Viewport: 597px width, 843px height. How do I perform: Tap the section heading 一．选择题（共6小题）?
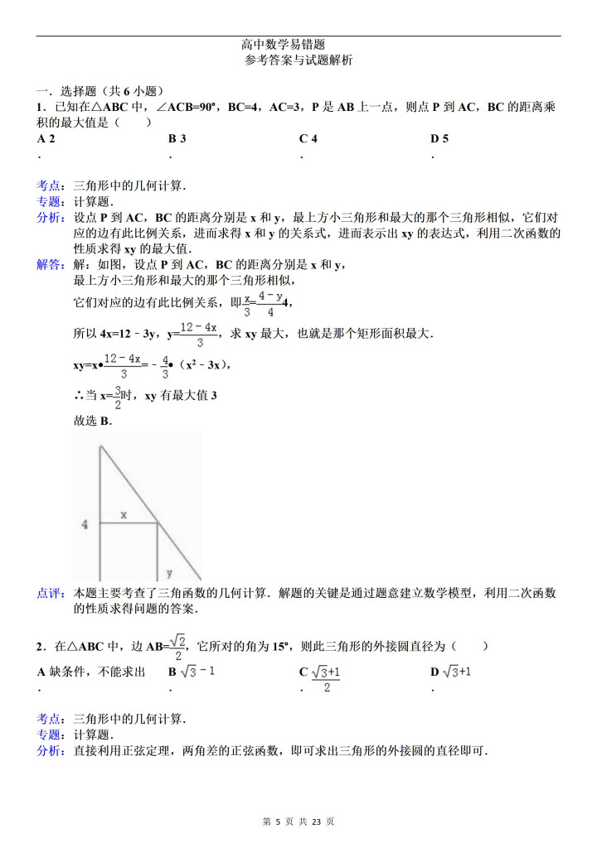coord(99,92)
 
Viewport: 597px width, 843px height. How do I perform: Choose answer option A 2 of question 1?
coord(46,138)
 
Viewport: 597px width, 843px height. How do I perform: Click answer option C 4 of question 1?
coord(308,138)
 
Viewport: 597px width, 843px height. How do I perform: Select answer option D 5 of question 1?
coord(439,138)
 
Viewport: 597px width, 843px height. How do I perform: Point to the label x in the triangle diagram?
coord(124,514)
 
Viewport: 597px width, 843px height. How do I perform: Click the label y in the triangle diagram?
coord(169,571)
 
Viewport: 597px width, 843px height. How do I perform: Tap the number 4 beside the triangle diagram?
coord(85,524)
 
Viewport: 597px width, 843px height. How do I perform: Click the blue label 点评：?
coord(54,593)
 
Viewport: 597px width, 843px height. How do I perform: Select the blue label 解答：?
coord(54,265)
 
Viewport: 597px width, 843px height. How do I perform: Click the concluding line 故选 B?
coord(92,421)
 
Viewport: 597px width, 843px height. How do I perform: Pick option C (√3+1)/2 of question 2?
coord(324,678)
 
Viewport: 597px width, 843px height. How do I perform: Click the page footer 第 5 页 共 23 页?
coord(298,821)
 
